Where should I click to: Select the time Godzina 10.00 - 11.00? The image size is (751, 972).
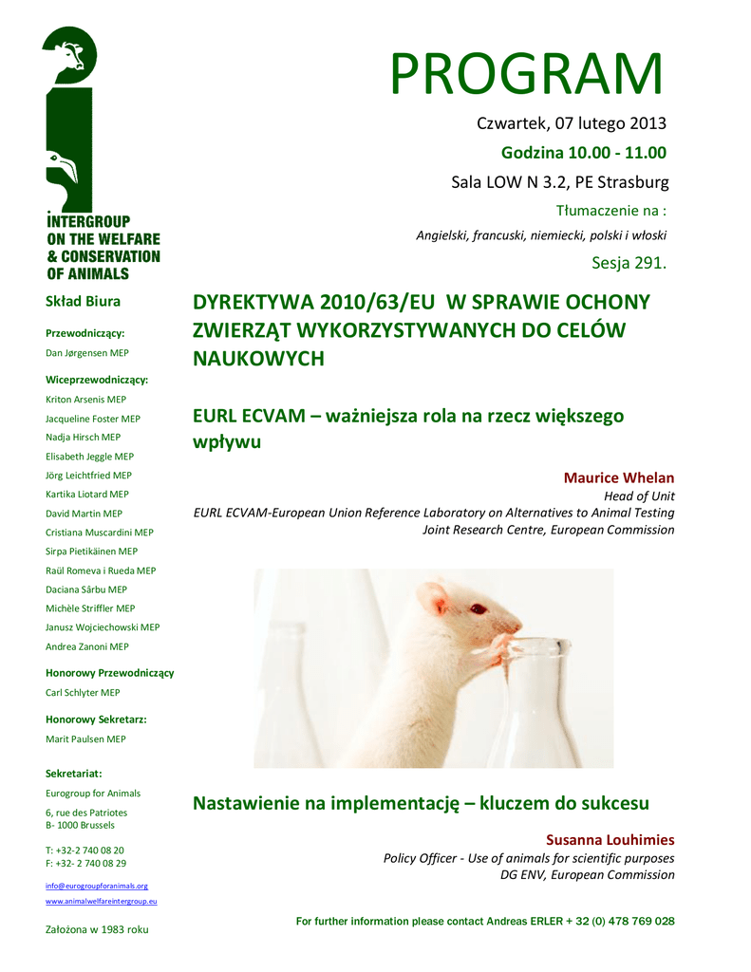click(x=583, y=153)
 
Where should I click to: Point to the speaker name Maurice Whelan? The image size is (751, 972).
click(x=618, y=477)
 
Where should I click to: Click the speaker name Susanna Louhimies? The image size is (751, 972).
click(x=610, y=840)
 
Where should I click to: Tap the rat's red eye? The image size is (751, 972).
click(x=477, y=608)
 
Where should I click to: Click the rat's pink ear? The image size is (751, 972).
click(x=435, y=602)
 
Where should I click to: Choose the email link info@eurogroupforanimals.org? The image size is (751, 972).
click(x=97, y=885)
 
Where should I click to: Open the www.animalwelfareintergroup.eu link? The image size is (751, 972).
click(x=102, y=901)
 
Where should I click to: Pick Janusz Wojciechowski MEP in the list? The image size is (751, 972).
click(x=103, y=627)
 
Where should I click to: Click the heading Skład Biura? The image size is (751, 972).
click(x=84, y=302)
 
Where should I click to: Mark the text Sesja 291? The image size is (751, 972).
click(x=629, y=263)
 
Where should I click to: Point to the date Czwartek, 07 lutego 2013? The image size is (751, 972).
click(x=571, y=123)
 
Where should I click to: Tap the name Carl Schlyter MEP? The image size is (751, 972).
click(x=83, y=693)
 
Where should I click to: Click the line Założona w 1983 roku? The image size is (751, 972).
click(x=98, y=929)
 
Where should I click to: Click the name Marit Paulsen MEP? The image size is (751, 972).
click(x=85, y=739)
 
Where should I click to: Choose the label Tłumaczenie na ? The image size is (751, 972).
click(x=610, y=210)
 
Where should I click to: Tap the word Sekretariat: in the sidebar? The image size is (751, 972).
click(x=73, y=774)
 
